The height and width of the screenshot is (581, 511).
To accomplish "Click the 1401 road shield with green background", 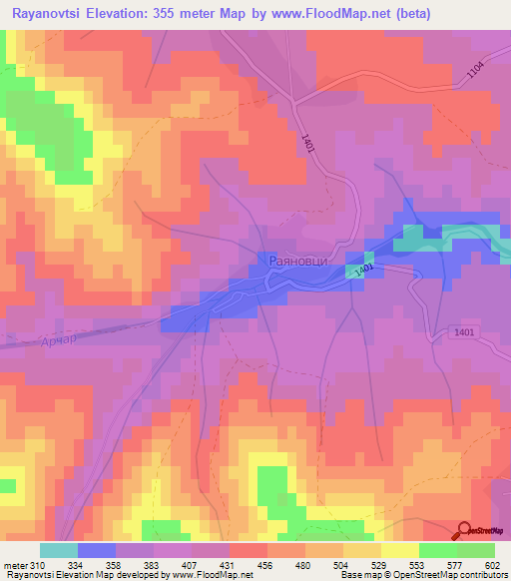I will [x=364, y=270].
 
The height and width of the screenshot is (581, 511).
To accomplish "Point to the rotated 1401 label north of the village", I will [x=304, y=143].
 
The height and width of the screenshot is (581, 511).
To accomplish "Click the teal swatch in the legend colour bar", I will [x=59, y=550].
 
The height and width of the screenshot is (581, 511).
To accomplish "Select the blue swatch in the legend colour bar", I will [x=96, y=550].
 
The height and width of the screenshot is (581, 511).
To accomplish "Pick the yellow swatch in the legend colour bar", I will [x=399, y=550].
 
